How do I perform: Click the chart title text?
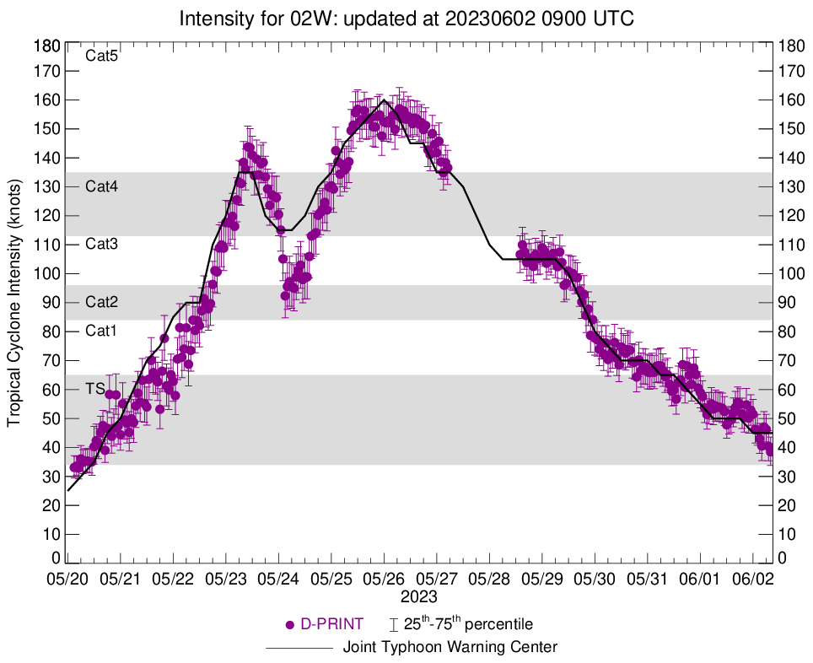pos(406,18)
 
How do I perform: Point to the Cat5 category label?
pos(102,57)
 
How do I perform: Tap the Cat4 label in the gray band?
pos(102,186)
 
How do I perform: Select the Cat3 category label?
pos(102,244)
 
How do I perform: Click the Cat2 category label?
pos(102,302)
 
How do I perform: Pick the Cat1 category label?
pos(102,331)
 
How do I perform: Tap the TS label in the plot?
pos(94,389)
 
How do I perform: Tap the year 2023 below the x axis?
pos(419,597)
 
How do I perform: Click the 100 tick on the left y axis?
pos(47,273)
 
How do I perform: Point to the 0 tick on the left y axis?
pos(55,558)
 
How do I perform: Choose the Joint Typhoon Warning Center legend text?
pos(450,648)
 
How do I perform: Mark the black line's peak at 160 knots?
pos(385,100)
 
